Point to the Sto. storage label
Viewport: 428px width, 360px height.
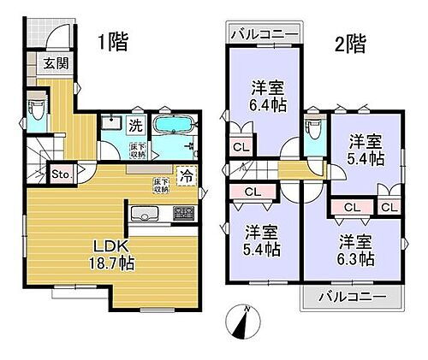(62, 174)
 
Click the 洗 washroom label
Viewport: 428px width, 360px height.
(135, 125)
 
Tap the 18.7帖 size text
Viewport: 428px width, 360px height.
(110, 262)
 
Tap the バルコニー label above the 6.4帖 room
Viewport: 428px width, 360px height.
(265, 35)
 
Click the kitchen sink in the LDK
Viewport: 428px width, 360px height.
(143, 214)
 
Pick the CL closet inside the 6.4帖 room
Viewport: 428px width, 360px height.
(241, 145)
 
